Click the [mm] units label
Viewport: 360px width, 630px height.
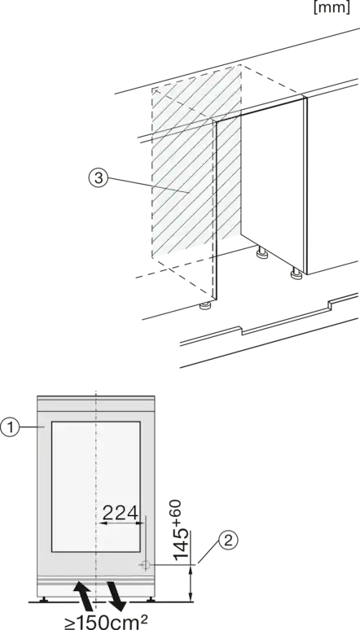pyautogui.click(x=331, y=7)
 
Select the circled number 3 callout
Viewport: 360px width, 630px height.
pyautogui.click(x=99, y=178)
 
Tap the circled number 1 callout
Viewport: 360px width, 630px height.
pyautogui.click(x=10, y=427)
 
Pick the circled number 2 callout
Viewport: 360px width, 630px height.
pyautogui.click(x=228, y=540)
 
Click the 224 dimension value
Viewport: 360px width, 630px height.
pyautogui.click(x=121, y=513)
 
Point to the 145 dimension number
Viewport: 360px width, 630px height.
pyautogui.click(x=181, y=543)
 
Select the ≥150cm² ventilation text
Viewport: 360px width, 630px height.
pyautogui.click(x=106, y=622)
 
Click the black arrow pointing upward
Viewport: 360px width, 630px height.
pyautogui.click(x=81, y=594)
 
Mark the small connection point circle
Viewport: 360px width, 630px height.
pyautogui.click(x=146, y=565)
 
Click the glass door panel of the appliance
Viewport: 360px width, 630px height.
pyautogui.click(x=96, y=487)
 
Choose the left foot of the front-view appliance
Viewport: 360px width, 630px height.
pyautogui.click(x=43, y=599)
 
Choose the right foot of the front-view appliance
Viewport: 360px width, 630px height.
pyautogui.click(x=151, y=599)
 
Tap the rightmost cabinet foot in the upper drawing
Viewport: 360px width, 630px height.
pyautogui.click(x=296, y=273)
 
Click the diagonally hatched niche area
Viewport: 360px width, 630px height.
pyautogui.click(x=196, y=160)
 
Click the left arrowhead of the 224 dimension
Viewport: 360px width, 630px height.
pyautogui.click(x=102, y=523)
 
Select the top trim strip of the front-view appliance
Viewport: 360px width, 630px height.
pyautogui.click(x=96, y=398)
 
